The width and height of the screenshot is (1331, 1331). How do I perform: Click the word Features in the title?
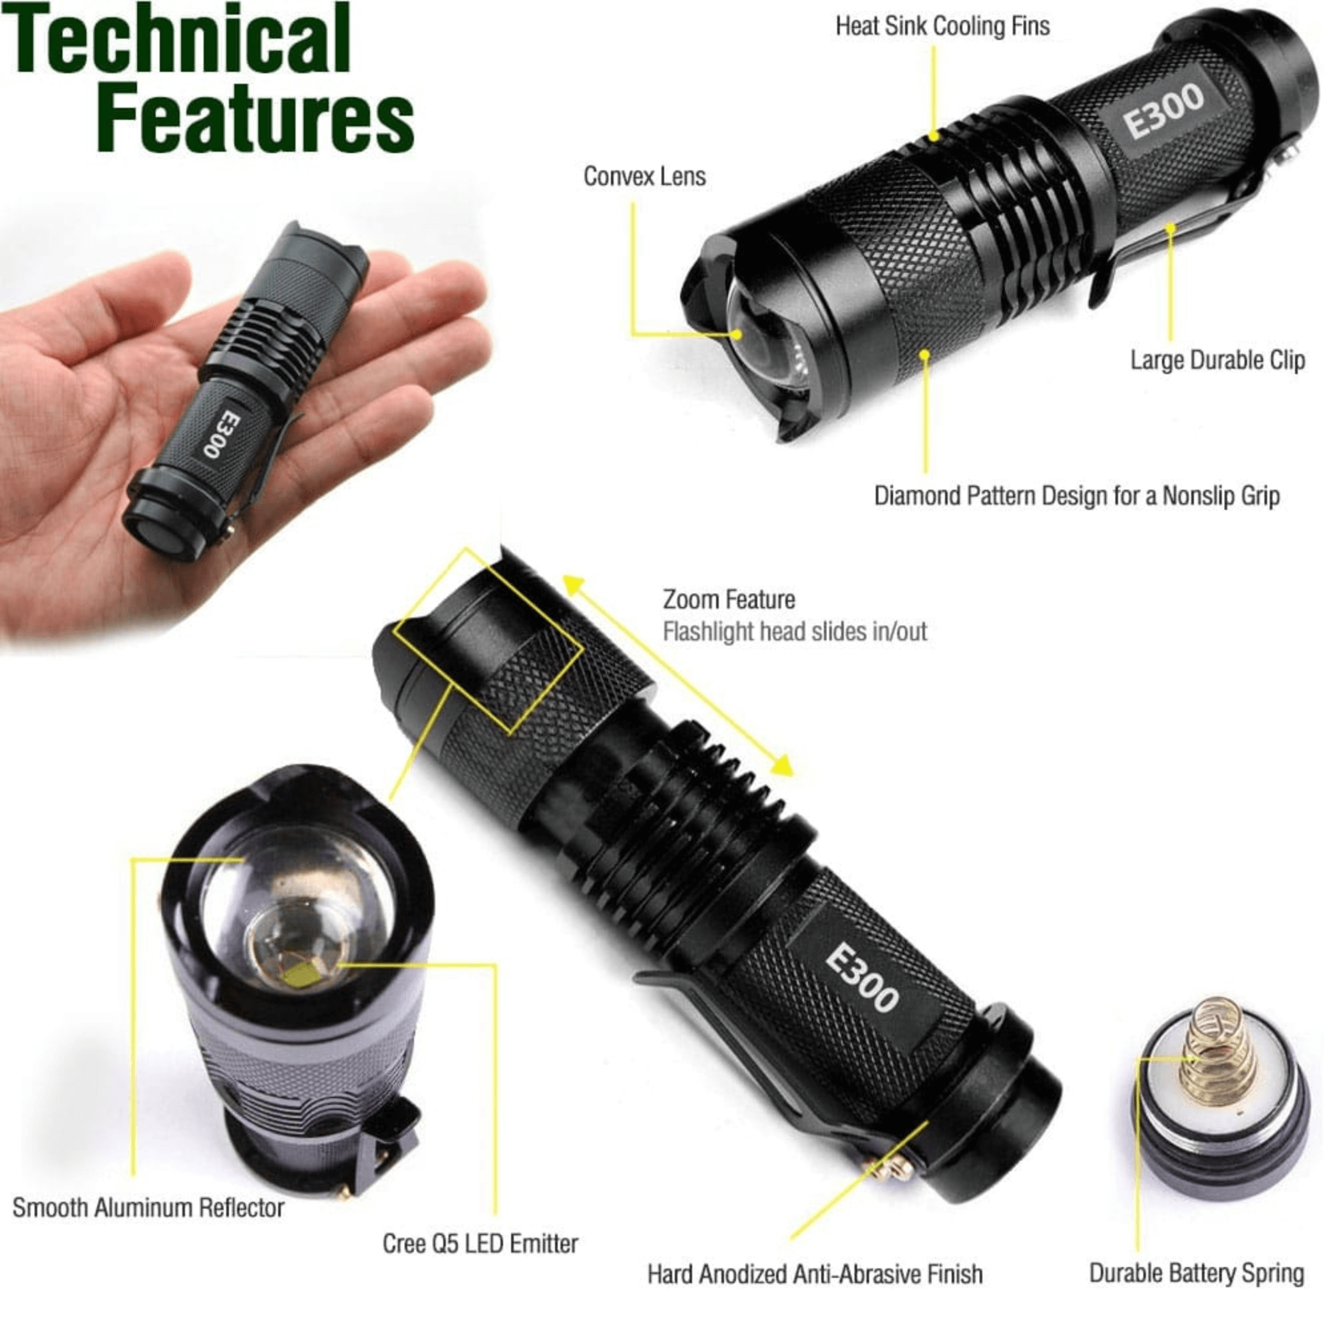(x=255, y=118)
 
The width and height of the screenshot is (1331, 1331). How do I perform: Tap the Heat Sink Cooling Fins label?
(x=942, y=27)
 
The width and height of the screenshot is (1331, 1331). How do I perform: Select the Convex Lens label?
(x=644, y=176)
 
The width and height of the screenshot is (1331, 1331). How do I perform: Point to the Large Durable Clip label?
(x=1217, y=359)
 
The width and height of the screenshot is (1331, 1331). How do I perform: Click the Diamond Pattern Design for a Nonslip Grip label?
(x=1076, y=496)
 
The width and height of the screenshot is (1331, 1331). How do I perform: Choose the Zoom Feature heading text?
(x=728, y=600)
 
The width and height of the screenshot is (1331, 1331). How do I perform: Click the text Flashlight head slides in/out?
(x=795, y=632)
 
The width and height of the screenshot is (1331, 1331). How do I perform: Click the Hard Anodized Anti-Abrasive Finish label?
(x=815, y=1274)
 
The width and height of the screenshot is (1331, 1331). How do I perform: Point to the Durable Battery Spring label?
(x=1196, y=1272)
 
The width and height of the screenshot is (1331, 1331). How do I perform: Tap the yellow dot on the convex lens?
(x=737, y=335)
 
